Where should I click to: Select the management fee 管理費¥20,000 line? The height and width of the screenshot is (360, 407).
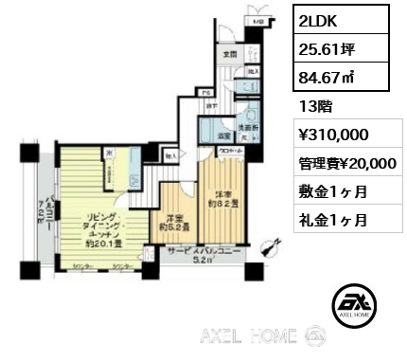pos(346,163)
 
